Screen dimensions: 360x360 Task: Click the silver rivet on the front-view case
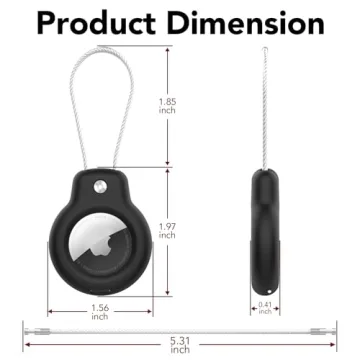coord(100,188)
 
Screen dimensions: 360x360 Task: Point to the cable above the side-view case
coord(265,110)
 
